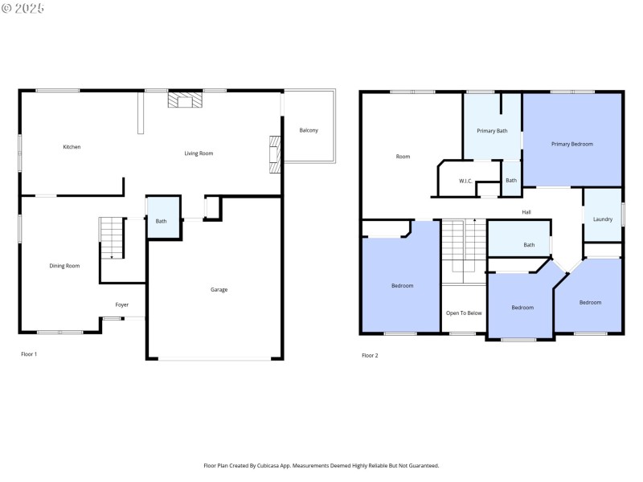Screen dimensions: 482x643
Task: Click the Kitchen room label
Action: pyautogui.click(x=72, y=147)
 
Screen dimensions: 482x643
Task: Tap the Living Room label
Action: pyautogui.click(x=199, y=153)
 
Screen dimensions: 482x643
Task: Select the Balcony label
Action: pyautogui.click(x=309, y=130)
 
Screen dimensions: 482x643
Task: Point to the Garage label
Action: pyautogui.click(x=219, y=289)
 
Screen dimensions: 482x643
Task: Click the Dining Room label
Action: pyautogui.click(x=65, y=266)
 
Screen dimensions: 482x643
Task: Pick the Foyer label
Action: pyautogui.click(x=121, y=304)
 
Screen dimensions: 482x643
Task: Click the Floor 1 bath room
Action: pyautogui.click(x=161, y=221)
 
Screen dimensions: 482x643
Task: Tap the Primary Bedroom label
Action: pyautogui.click(x=572, y=144)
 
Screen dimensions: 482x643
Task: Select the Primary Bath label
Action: pyautogui.click(x=492, y=131)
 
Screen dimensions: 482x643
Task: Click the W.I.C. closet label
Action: pyautogui.click(x=465, y=181)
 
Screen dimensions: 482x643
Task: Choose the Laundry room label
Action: pyautogui.click(x=603, y=219)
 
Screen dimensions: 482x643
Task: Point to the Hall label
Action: pyautogui.click(x=526, y=212)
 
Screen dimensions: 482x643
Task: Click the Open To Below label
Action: pyautogui.click(x=464, y=312)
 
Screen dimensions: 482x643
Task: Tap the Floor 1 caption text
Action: pyautogui.click(x=29, y=353)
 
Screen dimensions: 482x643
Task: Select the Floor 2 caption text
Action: pyautogui.click(x=370, y=355)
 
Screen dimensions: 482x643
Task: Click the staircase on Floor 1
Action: pyautogui.click(x=112, y=238)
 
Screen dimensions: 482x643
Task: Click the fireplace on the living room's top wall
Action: pyautogui.click(x=186, y=100)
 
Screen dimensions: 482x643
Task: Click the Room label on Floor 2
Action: pyautogui.click(x=403, y=157)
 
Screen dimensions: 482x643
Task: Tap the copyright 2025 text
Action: pyautogui.click(x=24, y=8)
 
